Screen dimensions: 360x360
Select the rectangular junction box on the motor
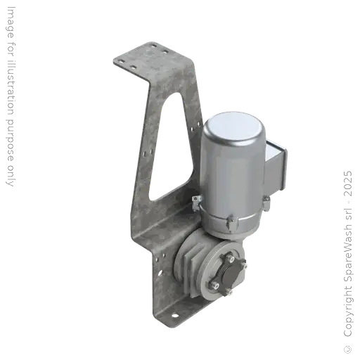click(x=278, y=167)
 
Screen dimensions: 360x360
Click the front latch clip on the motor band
click(x=229, y=224)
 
